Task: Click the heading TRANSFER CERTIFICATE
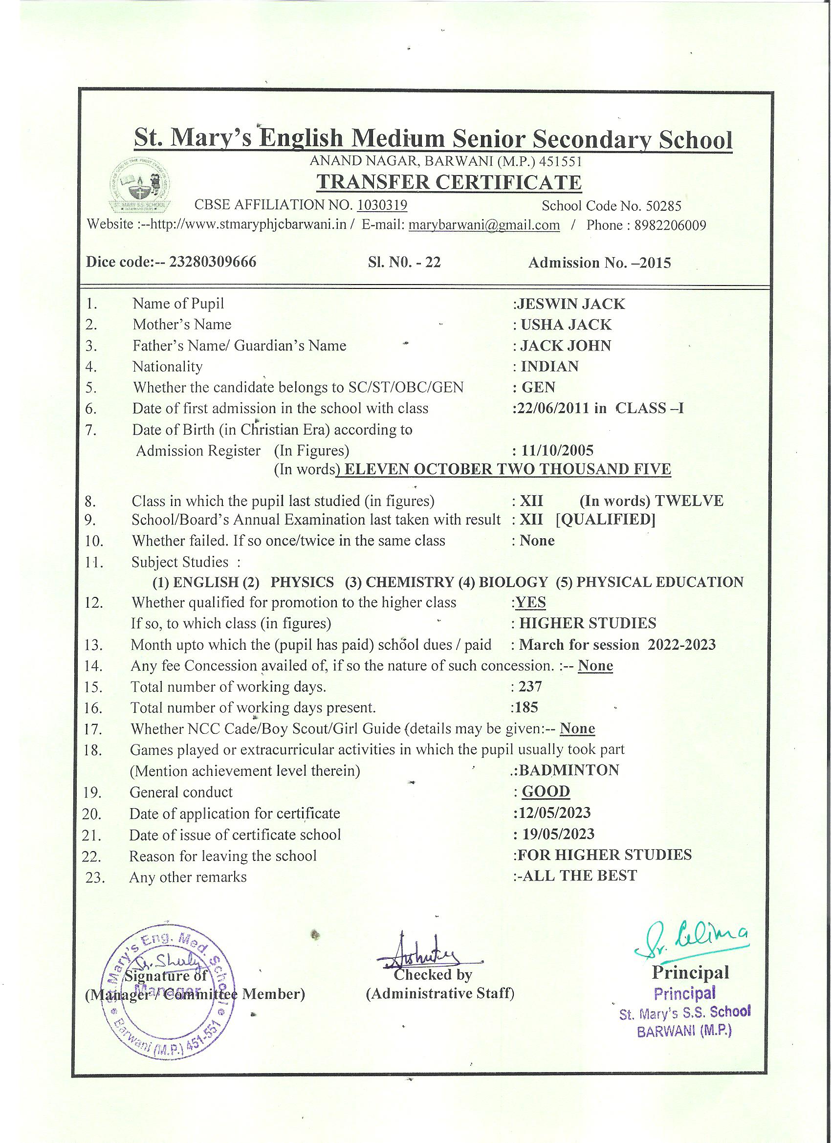(449, 182)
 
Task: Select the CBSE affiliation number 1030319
(382, 205)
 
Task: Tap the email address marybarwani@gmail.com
(484, 225)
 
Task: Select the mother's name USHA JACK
(566, 325)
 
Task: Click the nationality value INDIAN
(549, 366)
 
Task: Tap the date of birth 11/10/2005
(556, 450)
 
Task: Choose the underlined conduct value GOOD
(546, 791)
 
